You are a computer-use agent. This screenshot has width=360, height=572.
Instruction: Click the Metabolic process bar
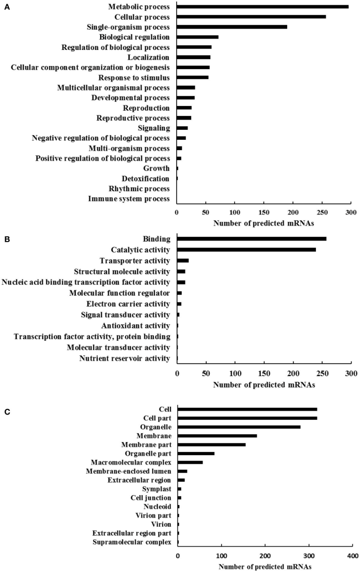(x=262, y=7)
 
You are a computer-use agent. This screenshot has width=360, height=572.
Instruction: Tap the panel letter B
(x=6, y=239)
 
